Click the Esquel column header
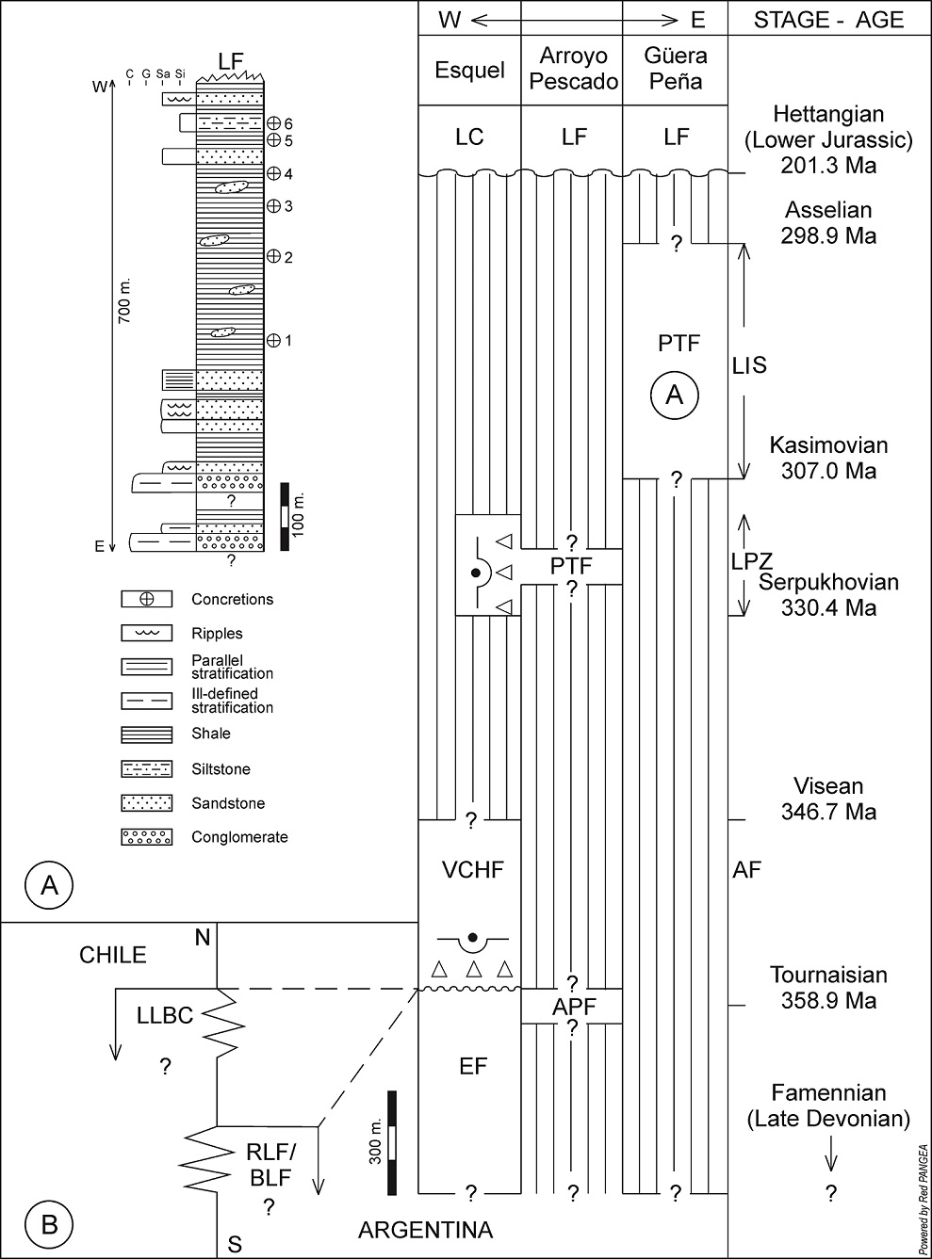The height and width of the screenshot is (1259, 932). click(469, 70)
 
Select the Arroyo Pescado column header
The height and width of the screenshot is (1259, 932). click(573, 69)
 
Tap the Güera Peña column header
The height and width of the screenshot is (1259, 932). click(675, 69)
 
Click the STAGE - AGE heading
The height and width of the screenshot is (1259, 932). click(829, 20)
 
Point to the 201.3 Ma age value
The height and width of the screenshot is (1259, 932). click(828, 165)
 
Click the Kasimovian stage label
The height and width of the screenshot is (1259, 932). click(828, 444)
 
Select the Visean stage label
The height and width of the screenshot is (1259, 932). click(828, 786)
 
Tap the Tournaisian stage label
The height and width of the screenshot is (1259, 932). click(828, 975)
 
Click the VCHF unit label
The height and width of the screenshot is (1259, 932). click(472, 869)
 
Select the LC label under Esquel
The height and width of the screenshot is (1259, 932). click(469, 137)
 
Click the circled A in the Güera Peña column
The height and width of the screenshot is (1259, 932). click(675, 395)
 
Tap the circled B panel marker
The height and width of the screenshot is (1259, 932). click(49, 1224)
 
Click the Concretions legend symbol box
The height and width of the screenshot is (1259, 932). click(146, 599)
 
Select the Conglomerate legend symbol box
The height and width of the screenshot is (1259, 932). click(146, 836)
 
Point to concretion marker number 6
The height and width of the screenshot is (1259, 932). click(274, 123)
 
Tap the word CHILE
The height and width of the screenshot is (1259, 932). click(113, 955)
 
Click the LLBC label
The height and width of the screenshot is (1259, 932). click(165, 1015)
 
